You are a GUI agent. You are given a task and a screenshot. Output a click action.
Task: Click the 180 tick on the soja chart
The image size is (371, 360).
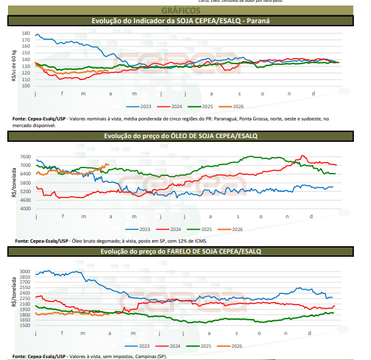click(24, 33)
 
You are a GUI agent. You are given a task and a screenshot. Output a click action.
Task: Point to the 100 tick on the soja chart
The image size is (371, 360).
click(24, 86)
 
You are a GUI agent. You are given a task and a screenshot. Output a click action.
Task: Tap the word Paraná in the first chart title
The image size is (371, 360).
click(258, 21)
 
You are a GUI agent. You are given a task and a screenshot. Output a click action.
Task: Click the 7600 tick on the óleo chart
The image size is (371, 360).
click(24, 156)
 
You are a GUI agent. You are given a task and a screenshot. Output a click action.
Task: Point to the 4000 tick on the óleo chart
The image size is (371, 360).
click(24, 209)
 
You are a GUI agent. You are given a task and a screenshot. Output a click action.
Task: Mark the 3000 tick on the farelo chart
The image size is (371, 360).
click(24, 271)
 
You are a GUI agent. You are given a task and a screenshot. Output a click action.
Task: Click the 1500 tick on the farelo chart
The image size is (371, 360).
click(24, 325)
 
